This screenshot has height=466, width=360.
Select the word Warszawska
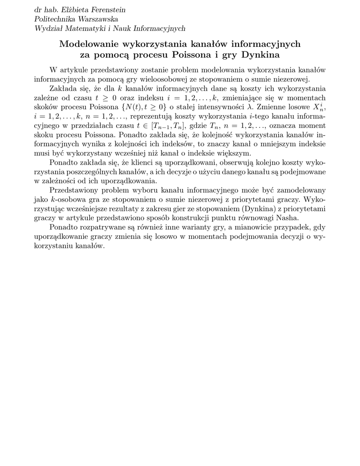pyautogui.click(x=97, y=19)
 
